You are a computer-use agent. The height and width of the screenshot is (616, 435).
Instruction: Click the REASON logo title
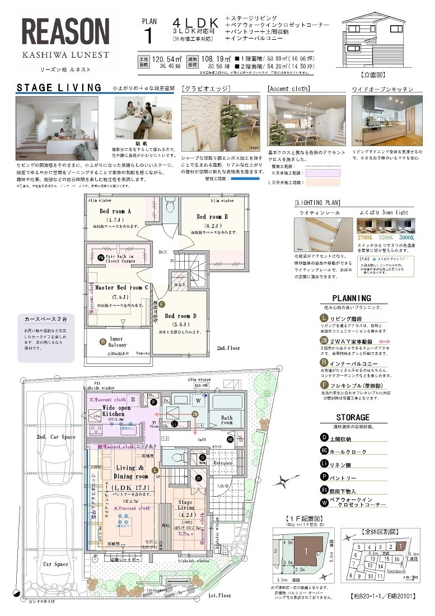point(66,32)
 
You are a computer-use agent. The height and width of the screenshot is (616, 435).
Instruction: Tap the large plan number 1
point(148,35)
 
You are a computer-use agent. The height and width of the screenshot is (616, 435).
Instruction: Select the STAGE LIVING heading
point(59,88)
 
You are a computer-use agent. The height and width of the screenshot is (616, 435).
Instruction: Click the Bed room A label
point(115,211)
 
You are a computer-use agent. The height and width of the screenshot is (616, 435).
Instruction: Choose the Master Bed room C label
point(121,287)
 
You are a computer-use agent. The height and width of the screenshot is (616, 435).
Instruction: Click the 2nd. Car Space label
point(55,436)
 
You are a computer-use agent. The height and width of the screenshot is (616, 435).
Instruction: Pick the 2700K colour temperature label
point(365,236)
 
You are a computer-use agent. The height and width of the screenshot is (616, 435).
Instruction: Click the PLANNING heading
point(351,298)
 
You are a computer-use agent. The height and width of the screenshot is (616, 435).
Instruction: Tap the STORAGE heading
point(353,417)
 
